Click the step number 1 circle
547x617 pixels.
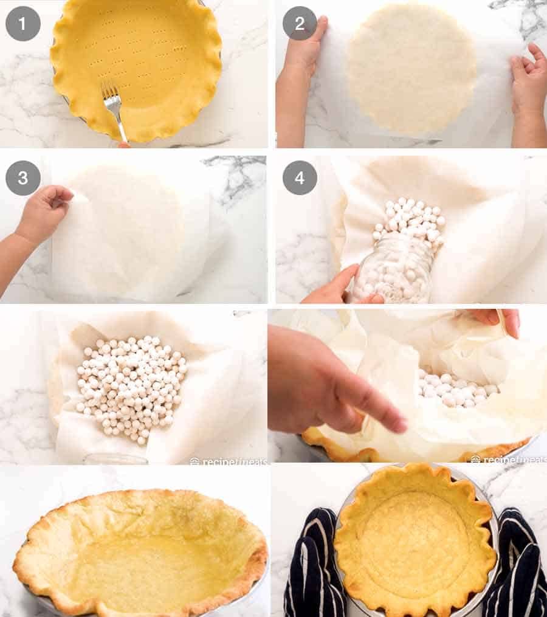[x=22, y=24]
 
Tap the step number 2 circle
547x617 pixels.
[x=300, y=24]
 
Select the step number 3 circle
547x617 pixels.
[x=22, y=178]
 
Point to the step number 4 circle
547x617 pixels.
[x=300, y=178]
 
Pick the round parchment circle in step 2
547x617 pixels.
[x=411, y=67]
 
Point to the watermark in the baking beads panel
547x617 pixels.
[x=228, y=460]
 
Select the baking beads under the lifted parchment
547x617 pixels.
[x=456, y=389]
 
